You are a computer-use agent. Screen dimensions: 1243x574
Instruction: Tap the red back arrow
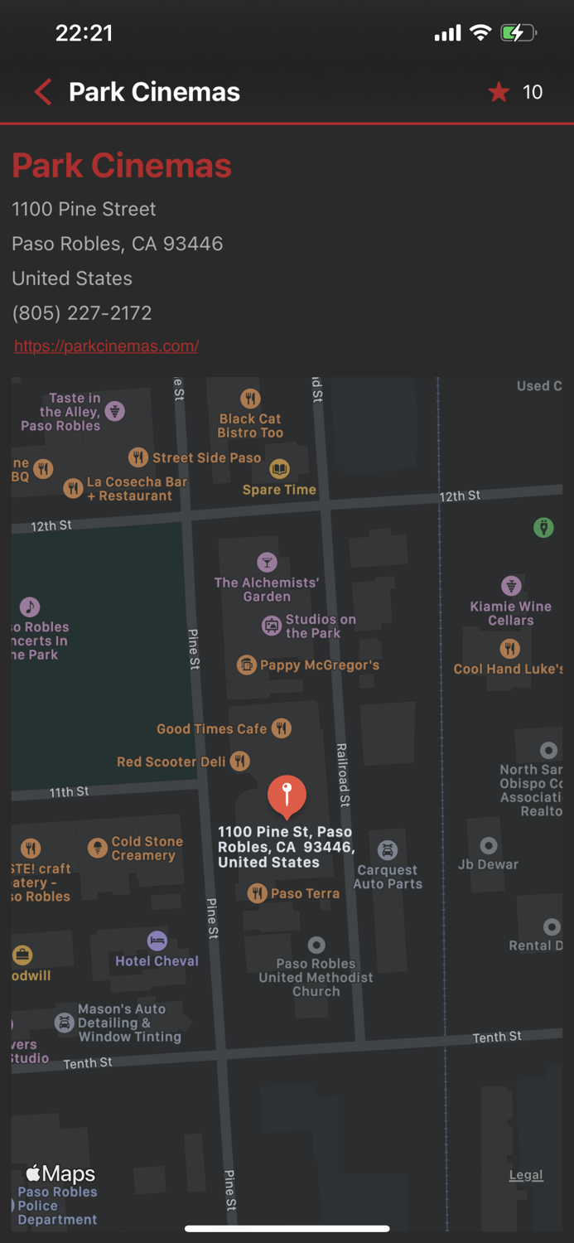pos(43,92)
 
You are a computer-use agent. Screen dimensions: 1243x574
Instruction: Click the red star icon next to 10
pos(499,92)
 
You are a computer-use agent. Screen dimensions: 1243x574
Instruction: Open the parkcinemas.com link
pos(106,346)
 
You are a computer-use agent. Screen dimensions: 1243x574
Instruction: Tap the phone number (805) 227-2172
pos(82,313)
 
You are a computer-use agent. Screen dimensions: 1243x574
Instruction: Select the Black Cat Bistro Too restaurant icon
pos(250,399)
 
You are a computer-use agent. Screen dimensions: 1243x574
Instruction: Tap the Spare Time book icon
pos(280,470)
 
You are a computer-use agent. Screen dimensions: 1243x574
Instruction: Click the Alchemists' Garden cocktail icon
pos(267,563)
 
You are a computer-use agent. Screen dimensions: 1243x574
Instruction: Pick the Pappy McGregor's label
pos(319,665)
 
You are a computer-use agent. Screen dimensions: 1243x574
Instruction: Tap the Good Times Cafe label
pos(212,729)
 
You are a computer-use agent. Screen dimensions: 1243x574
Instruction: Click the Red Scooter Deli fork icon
pos(240,761)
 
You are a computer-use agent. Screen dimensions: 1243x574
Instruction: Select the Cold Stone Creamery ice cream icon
pos(98,848)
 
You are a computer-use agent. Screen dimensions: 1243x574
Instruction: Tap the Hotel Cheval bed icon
pos(157,941)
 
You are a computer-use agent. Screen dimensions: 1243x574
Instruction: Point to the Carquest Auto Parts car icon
pos(388,850)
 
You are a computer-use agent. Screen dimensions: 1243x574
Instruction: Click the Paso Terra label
pos(305,893)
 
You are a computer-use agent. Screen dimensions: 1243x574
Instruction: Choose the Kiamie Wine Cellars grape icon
pos(511,586)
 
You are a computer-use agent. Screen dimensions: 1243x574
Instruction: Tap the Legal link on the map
pos(526,1175)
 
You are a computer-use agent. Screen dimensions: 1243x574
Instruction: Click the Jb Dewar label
pos(488,864)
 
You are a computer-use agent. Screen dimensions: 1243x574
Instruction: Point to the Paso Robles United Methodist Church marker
pos(316,945)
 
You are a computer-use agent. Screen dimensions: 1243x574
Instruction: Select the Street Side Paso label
pos(206,457)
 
